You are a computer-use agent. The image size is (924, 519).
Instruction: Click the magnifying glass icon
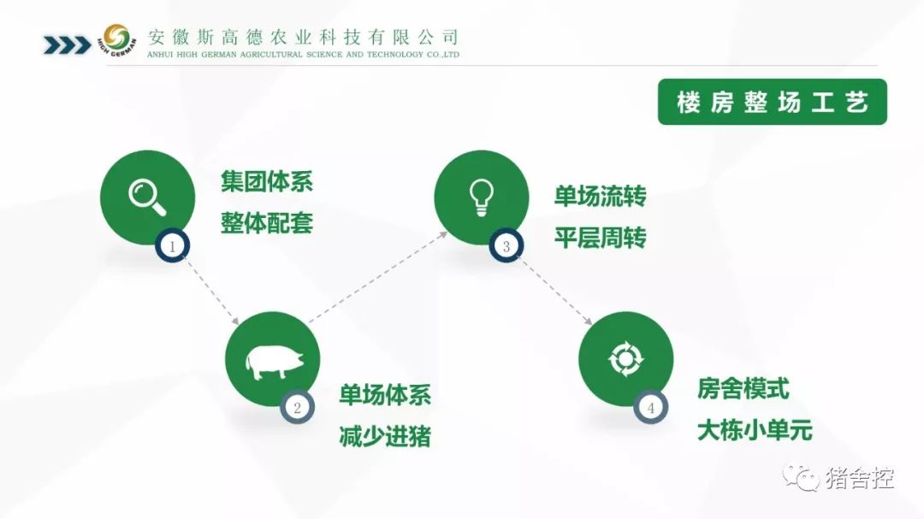tap(147, 198)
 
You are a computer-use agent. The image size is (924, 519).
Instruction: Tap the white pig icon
tap(275, 361)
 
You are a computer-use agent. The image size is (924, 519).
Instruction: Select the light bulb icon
tap(481, 198)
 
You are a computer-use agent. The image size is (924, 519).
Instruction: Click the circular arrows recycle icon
tap(625, 359)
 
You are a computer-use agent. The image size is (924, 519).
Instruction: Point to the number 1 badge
tap(172, 245)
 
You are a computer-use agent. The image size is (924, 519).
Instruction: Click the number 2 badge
tap(297, 407)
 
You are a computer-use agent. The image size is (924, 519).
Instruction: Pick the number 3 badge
tap(506, 245)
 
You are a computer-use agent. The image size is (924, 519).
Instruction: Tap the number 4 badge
tap(650, 407)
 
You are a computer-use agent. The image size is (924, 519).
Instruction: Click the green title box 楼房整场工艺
tap(772, 102)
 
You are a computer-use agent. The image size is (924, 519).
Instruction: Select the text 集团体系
tap(267, 181)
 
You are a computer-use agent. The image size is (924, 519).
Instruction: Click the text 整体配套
tap(267, 223)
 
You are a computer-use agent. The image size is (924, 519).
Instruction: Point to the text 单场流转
tap(601, 196)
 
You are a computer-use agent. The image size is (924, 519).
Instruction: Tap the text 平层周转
tap(601, 238)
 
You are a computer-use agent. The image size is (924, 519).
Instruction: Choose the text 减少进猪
tap(385, 437)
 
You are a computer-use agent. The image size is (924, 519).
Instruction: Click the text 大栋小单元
tap(755, 430)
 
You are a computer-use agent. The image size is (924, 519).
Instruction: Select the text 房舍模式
tap(743, 389)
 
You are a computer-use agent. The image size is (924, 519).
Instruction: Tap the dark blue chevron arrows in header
tap(68, 45)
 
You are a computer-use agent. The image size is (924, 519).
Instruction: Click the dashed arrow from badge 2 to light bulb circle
tap(378, 278)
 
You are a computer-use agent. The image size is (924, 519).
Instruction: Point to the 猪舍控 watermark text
tap(860, 478)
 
